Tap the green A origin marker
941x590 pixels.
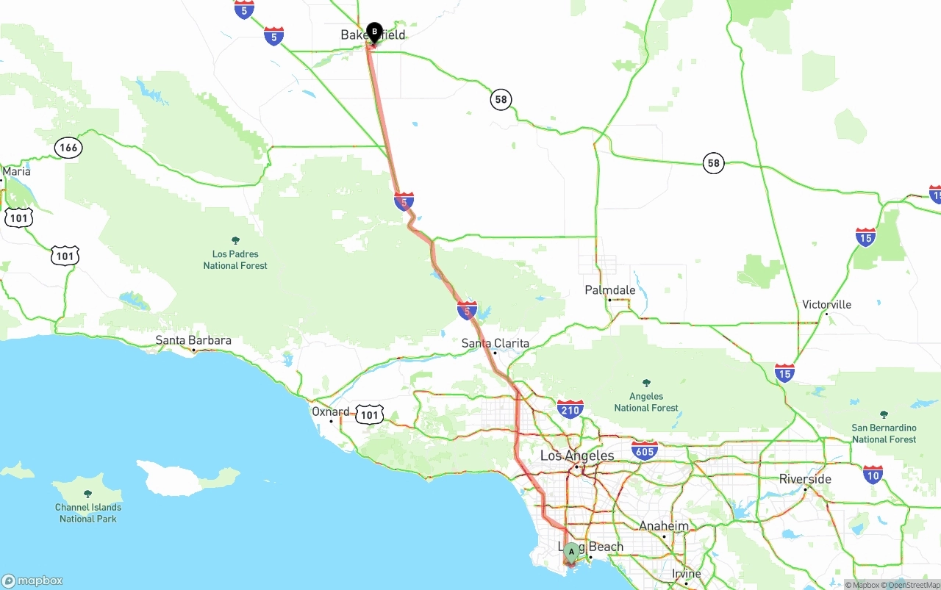[x=571, y=552]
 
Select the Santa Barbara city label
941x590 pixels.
[x=193, y=340]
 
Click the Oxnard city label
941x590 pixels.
[x=330, y=411]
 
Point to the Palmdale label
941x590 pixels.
[x=609, y=290]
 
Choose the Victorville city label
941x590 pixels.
[x=826, y=304]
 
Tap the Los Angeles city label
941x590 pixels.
[x=577, y=456]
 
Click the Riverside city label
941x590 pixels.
[x=805, y=479]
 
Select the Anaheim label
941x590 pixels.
[x=664, y=526]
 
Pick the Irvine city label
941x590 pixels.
[x=686, y=574]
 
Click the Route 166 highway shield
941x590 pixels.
[x=68, y=148]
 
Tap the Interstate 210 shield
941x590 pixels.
[x=570, y=409]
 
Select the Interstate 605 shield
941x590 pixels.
[x=644, y=450]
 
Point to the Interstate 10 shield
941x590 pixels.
[x=873, y=474]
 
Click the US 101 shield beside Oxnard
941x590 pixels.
[x=369, y=415]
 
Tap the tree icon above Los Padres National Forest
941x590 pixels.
[x=235, y=240]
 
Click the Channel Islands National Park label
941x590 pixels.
[x=88, y=513]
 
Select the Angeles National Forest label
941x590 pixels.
[x=646, y=402]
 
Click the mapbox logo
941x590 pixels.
[x=32, y=580]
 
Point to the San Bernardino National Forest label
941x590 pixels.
[x=884, y=433]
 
